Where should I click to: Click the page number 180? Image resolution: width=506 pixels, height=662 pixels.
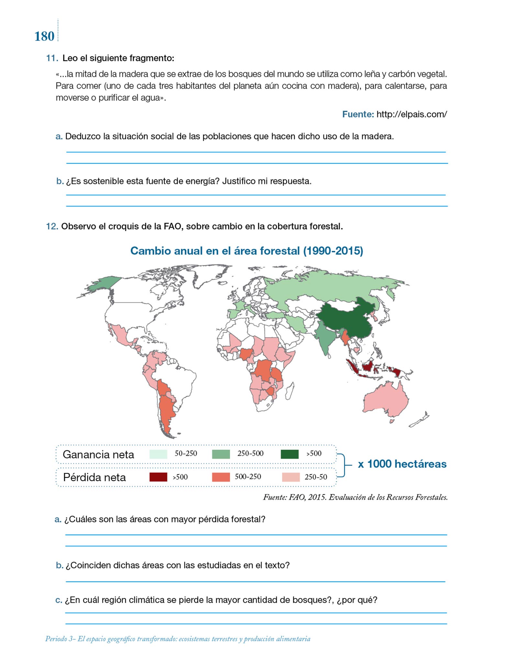44,37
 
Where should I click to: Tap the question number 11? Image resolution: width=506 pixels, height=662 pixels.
52,58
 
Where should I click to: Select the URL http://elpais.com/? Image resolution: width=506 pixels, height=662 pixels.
412,114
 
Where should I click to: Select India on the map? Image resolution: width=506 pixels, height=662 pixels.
325,339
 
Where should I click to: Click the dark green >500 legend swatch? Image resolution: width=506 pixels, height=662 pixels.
290,454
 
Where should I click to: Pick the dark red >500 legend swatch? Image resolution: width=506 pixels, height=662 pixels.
158,477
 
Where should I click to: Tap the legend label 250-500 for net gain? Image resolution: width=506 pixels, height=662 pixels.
250,454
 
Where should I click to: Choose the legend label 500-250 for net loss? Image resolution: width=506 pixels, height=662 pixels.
248,477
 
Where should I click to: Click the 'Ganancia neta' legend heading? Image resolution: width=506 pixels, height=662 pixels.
98,454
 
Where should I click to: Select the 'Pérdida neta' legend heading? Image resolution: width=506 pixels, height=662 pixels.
94,477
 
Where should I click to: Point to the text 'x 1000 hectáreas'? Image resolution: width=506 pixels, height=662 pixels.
402,464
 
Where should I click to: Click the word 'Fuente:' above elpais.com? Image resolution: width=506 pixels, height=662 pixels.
358,114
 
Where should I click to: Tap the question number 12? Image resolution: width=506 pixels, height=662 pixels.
52,226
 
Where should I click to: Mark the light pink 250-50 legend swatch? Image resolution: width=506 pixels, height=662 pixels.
291,477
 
